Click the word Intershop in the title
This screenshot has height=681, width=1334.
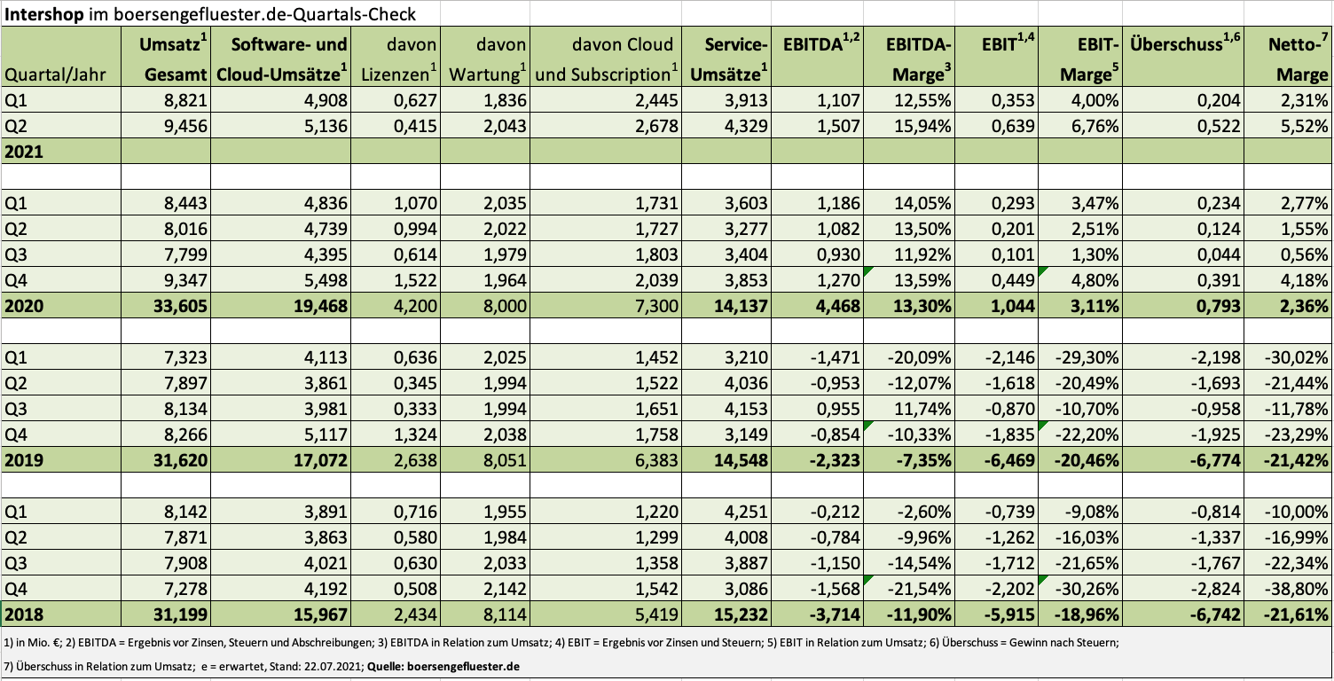[x=44, y=13]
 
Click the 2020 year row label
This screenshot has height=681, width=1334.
[x=24, y=306]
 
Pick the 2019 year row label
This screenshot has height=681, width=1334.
[x=24, y=460]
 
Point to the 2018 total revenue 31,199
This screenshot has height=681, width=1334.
[x=180, y=614]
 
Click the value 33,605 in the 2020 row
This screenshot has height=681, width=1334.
[x=180, y=306]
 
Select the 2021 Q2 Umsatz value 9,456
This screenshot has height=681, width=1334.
[x=185, y=126]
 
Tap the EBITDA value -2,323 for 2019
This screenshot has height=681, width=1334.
[x=835, y=460]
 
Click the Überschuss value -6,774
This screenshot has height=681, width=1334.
[x=1215, y=460]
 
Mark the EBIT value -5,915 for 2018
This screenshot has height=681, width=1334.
[x=1009, y=614]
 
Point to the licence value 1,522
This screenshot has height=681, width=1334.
[x=415, y=280]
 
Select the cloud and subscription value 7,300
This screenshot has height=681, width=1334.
[x=656, y=306]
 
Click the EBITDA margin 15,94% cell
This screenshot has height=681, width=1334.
[x=922, y=126]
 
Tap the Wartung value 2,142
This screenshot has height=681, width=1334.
[x=505, y=589]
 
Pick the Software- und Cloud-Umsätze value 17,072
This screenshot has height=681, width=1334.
[x=320, y=460]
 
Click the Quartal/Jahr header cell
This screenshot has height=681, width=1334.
[x=55, y=74]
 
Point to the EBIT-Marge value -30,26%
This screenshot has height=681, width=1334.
[x=1087, y=589]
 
